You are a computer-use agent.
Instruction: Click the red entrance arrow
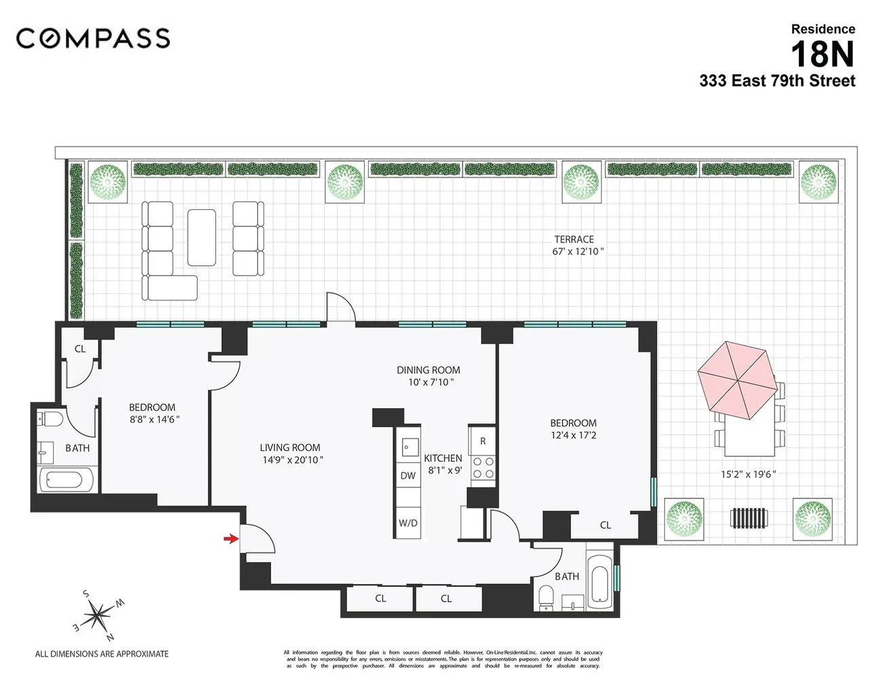click(x=232, y=539)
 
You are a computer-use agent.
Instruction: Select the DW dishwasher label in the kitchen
click(x=408, y=476)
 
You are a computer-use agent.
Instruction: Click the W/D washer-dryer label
click(x=408, y=523)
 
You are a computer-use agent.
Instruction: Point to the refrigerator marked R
click(x=483, y=441)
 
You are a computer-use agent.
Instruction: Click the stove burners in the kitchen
click(x=483, y=467)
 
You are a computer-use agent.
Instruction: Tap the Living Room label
click(x=290, y=447)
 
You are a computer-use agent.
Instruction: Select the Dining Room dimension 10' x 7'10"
click(x=428, y=382)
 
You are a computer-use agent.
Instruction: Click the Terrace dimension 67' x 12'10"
click(x=577, y=252)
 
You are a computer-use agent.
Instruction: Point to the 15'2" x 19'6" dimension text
click(x=748, y=475)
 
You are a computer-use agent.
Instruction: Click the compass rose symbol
click(x=99, y=616)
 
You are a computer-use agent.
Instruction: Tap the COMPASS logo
click(x=93, y=38)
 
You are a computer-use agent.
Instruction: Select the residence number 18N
click(x=822, y=54)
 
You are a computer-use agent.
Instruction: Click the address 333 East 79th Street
click(x=777, y=81)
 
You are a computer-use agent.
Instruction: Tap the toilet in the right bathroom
click(x=546, y=598)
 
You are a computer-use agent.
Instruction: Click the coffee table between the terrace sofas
click(x=202, y=237)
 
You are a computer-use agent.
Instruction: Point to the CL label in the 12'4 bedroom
click(x=605, y=525)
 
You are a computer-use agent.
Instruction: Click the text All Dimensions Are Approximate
click(x=102, y=654)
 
